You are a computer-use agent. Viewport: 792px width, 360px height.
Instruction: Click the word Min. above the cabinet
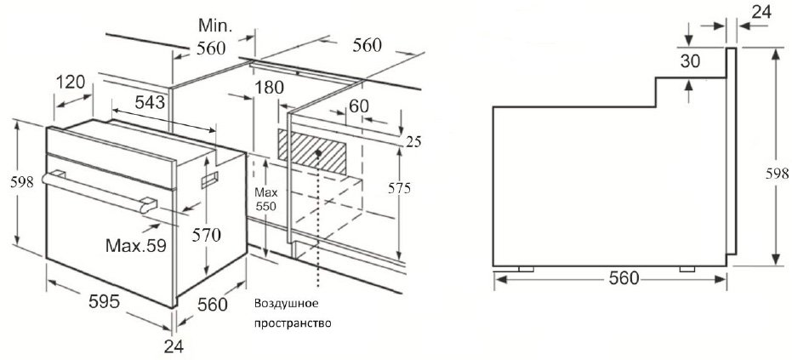pos(215,25)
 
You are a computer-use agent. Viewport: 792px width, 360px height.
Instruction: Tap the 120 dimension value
pos(70,82)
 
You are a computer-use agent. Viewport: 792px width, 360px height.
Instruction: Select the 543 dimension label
pos(150,102)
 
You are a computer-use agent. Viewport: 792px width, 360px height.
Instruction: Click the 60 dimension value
pos(359,106)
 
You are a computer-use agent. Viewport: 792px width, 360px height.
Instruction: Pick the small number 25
pos(413,142)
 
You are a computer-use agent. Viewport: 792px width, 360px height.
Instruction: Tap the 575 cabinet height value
pos(399,188)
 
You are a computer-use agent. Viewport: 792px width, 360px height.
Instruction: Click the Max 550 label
pos(265,199)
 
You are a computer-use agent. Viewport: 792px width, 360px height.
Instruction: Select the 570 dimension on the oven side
pos(207,235)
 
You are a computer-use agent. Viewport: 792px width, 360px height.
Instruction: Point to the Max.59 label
pos(136,246)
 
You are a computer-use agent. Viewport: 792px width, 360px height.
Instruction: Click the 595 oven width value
pos(104,301)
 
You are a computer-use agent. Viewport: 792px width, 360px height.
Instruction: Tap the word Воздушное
pos(287,304)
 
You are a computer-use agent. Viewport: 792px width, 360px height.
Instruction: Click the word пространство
pos(293,323)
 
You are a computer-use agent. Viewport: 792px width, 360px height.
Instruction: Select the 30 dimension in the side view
pos(690,61)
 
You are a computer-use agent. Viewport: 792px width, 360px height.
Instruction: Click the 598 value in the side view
pos(777,174)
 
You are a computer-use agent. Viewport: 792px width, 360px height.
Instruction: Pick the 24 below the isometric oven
pos(174,346)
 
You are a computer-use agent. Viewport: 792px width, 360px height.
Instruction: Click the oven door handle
pos(100,191)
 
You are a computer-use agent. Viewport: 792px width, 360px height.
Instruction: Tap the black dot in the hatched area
pos(317,151)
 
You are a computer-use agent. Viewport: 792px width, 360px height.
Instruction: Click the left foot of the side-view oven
pos(526,269)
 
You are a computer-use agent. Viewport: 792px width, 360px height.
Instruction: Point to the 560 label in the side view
pos(624,278)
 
